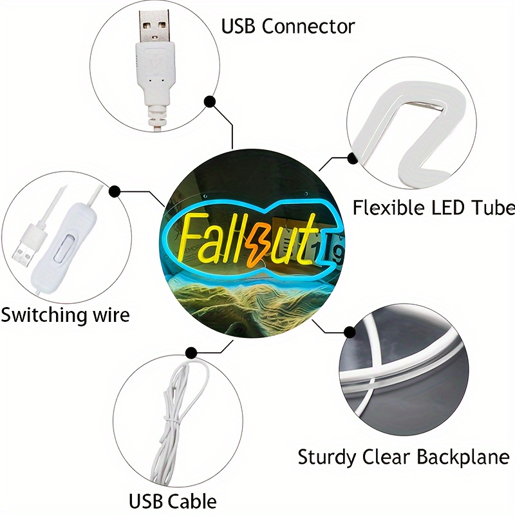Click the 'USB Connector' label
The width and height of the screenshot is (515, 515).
click(288, 27)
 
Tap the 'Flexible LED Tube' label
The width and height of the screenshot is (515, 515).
click(433, 207)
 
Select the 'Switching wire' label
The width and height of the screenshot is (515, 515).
click(65, 315)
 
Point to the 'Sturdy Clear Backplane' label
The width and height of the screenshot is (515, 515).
click(403, 458)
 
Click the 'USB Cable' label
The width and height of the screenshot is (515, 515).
click(173, 501)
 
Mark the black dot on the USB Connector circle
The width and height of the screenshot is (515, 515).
click(209, 102)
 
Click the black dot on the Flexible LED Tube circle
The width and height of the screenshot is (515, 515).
click(351, 157)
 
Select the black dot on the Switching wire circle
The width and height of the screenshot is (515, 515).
click(115, 191)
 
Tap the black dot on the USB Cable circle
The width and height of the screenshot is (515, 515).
click(191, 352)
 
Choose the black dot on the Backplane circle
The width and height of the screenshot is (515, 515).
click(349, 332)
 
